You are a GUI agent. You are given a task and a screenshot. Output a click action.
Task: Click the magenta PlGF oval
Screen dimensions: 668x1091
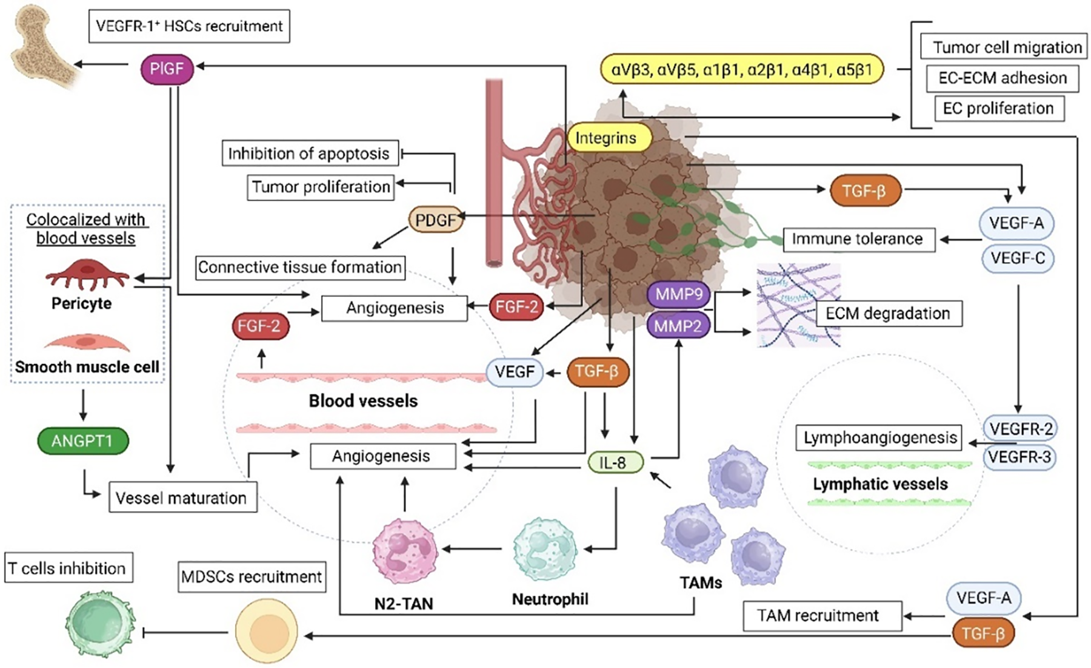coord(167,69)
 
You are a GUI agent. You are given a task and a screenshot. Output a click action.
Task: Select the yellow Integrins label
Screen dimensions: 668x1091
coord(606,138)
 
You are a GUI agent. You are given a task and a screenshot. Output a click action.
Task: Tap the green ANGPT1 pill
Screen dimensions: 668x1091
coord(82,441)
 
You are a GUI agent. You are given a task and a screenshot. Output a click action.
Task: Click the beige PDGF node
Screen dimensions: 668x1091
coord(435,220)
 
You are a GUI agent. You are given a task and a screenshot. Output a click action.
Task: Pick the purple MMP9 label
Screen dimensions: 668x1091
coord(678,295)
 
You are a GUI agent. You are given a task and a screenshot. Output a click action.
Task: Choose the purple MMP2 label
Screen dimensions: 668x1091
coord(678,326)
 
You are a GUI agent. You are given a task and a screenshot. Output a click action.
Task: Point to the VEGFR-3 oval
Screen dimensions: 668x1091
coord(1020,457)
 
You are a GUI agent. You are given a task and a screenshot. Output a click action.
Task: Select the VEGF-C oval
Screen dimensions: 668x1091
coord(1018,258)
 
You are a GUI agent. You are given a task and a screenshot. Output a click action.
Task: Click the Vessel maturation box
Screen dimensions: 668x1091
coord(181,498)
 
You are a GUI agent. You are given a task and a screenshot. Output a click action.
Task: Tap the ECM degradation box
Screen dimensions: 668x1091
coord(888,313)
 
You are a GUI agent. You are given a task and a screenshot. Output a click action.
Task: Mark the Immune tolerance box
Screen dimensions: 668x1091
coord(857,239)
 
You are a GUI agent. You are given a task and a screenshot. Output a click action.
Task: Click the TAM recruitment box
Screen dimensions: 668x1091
coord(818,616)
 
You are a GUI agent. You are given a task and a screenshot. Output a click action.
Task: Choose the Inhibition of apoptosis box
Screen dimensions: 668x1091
coord(309,154)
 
